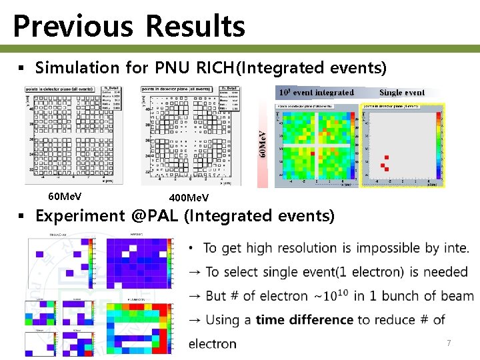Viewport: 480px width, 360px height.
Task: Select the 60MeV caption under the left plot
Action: (65, 197)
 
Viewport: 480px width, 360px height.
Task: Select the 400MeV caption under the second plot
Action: (189, 198)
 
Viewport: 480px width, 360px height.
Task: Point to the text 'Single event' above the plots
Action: (402, 93)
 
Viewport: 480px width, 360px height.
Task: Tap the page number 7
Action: (449, 343)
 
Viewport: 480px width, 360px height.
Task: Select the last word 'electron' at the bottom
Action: (212, 344)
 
